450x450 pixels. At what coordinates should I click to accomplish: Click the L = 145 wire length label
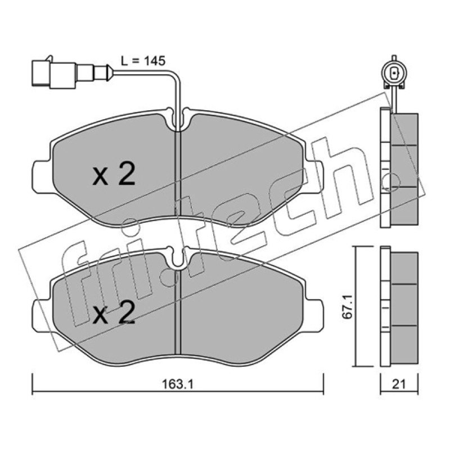click(143, 61)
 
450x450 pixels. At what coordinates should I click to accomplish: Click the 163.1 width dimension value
click(178, 384)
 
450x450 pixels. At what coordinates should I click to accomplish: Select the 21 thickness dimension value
click(399, 384)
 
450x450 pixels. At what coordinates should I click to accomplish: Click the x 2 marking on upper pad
click(114, 174)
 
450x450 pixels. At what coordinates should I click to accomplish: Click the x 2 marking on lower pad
click(114, 312)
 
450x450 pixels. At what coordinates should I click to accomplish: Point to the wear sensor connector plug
click(71, 73)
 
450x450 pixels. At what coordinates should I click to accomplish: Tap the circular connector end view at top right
click(394, 74)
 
